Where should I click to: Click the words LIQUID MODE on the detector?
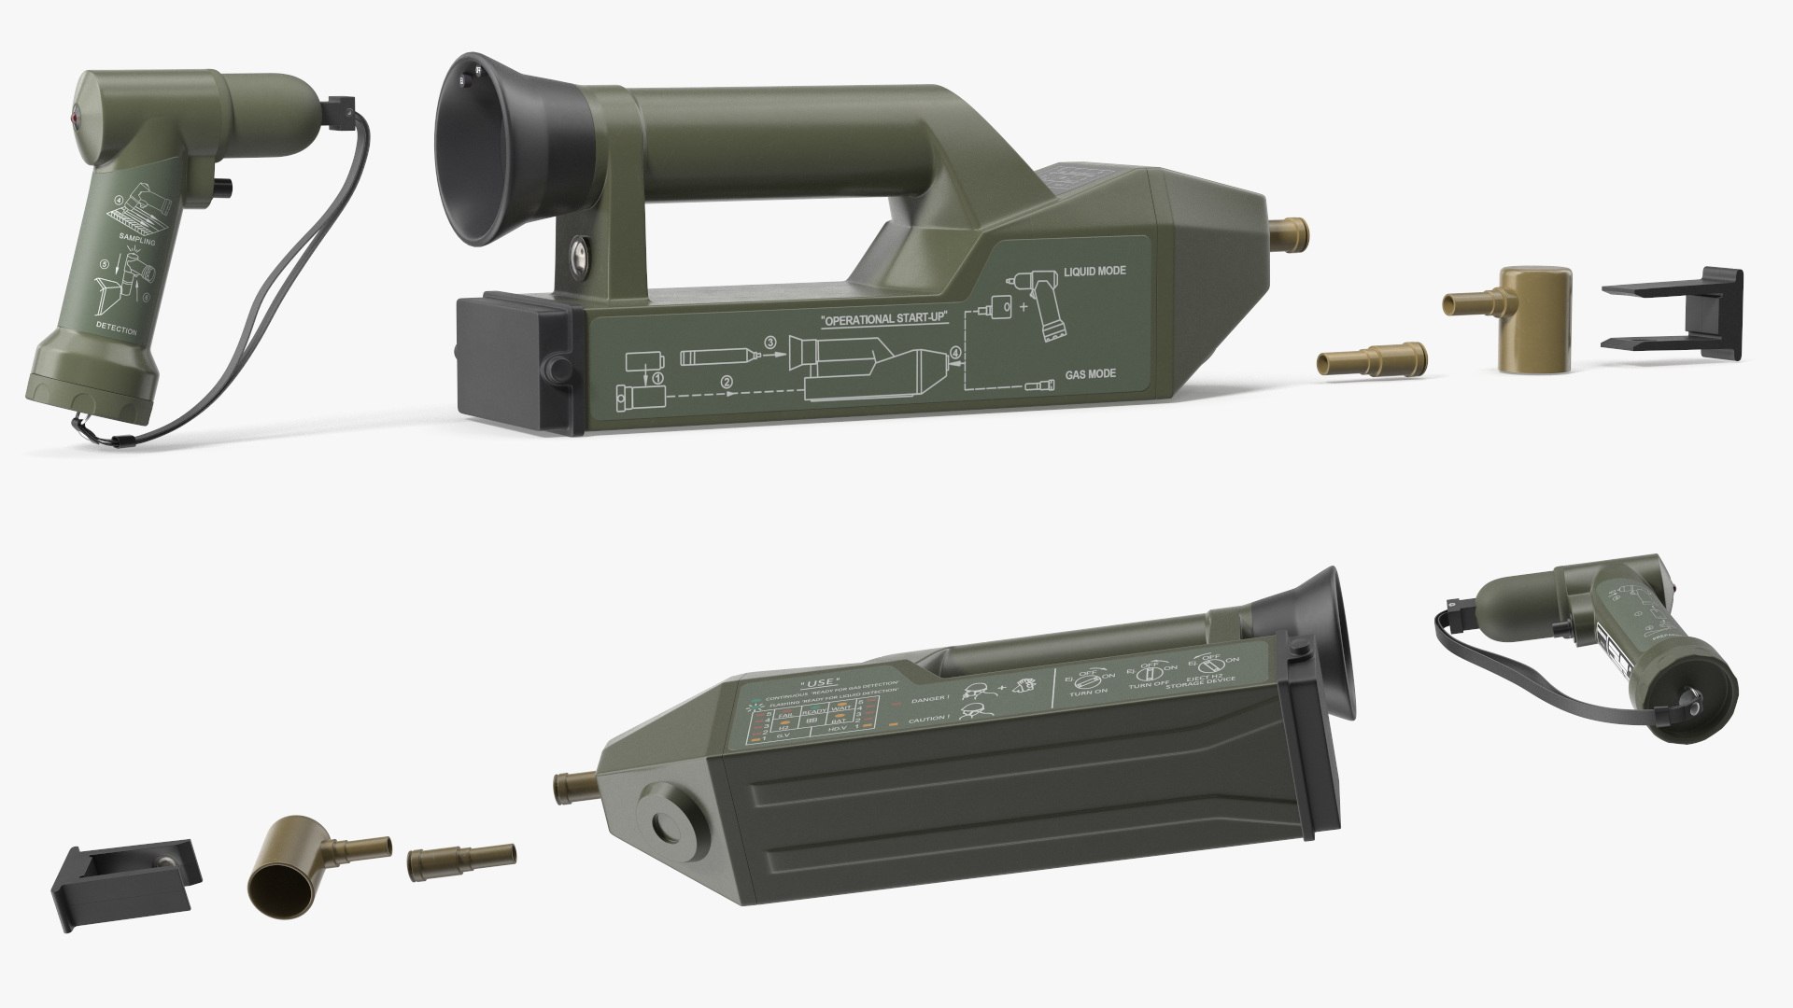point(1094,271)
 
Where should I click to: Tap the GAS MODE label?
point(1092,375)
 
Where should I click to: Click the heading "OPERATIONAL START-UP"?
point(883,320)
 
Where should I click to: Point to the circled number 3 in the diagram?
point(769,343)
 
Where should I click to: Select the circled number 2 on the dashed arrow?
point(727,381)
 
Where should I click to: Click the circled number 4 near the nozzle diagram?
point(954,353)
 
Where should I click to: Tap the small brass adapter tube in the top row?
point(1374,360)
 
